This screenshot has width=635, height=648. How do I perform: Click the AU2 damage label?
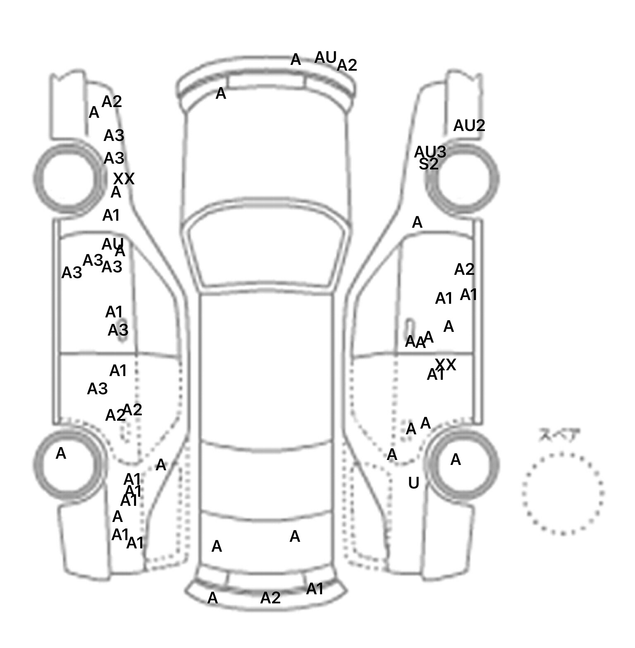469,126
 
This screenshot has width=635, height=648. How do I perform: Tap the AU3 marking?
430,152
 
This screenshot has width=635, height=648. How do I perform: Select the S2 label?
428,164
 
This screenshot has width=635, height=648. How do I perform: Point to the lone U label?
413,483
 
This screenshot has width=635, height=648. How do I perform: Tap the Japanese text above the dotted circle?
559,435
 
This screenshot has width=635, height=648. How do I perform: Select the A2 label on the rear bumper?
270,598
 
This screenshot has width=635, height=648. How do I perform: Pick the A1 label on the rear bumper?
315,589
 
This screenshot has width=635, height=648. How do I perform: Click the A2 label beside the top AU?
347,65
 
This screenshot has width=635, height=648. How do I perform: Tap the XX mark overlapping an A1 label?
446,364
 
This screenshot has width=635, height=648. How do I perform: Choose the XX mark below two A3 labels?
124,179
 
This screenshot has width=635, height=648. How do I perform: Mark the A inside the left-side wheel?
61,453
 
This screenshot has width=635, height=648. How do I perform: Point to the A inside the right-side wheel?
455,459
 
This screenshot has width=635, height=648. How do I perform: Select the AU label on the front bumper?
325,58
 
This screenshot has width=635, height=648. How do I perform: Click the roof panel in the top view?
267,368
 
